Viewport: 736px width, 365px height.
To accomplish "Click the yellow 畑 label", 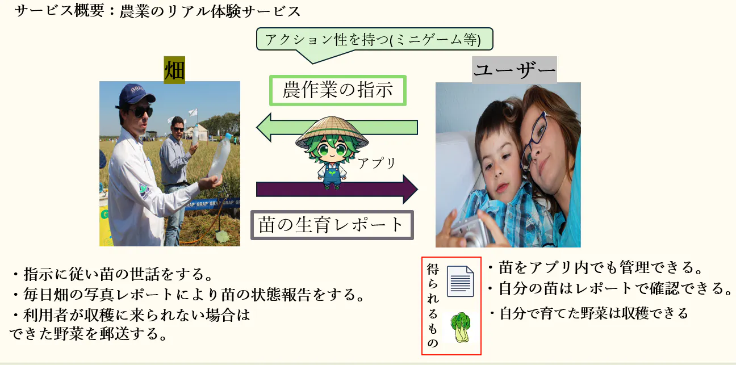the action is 174,70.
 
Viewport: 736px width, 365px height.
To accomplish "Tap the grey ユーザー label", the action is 514,70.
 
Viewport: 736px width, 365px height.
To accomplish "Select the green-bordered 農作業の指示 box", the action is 338,90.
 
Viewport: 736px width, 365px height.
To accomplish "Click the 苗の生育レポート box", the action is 332,225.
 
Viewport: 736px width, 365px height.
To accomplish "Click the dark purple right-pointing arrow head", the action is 410,190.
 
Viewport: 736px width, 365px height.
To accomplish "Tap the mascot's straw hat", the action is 332,132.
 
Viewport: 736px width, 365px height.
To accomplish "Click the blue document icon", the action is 461,281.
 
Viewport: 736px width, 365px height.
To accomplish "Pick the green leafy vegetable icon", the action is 461,327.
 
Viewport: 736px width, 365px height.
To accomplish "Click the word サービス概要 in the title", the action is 60,11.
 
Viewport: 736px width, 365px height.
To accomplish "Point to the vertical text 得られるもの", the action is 433,305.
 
